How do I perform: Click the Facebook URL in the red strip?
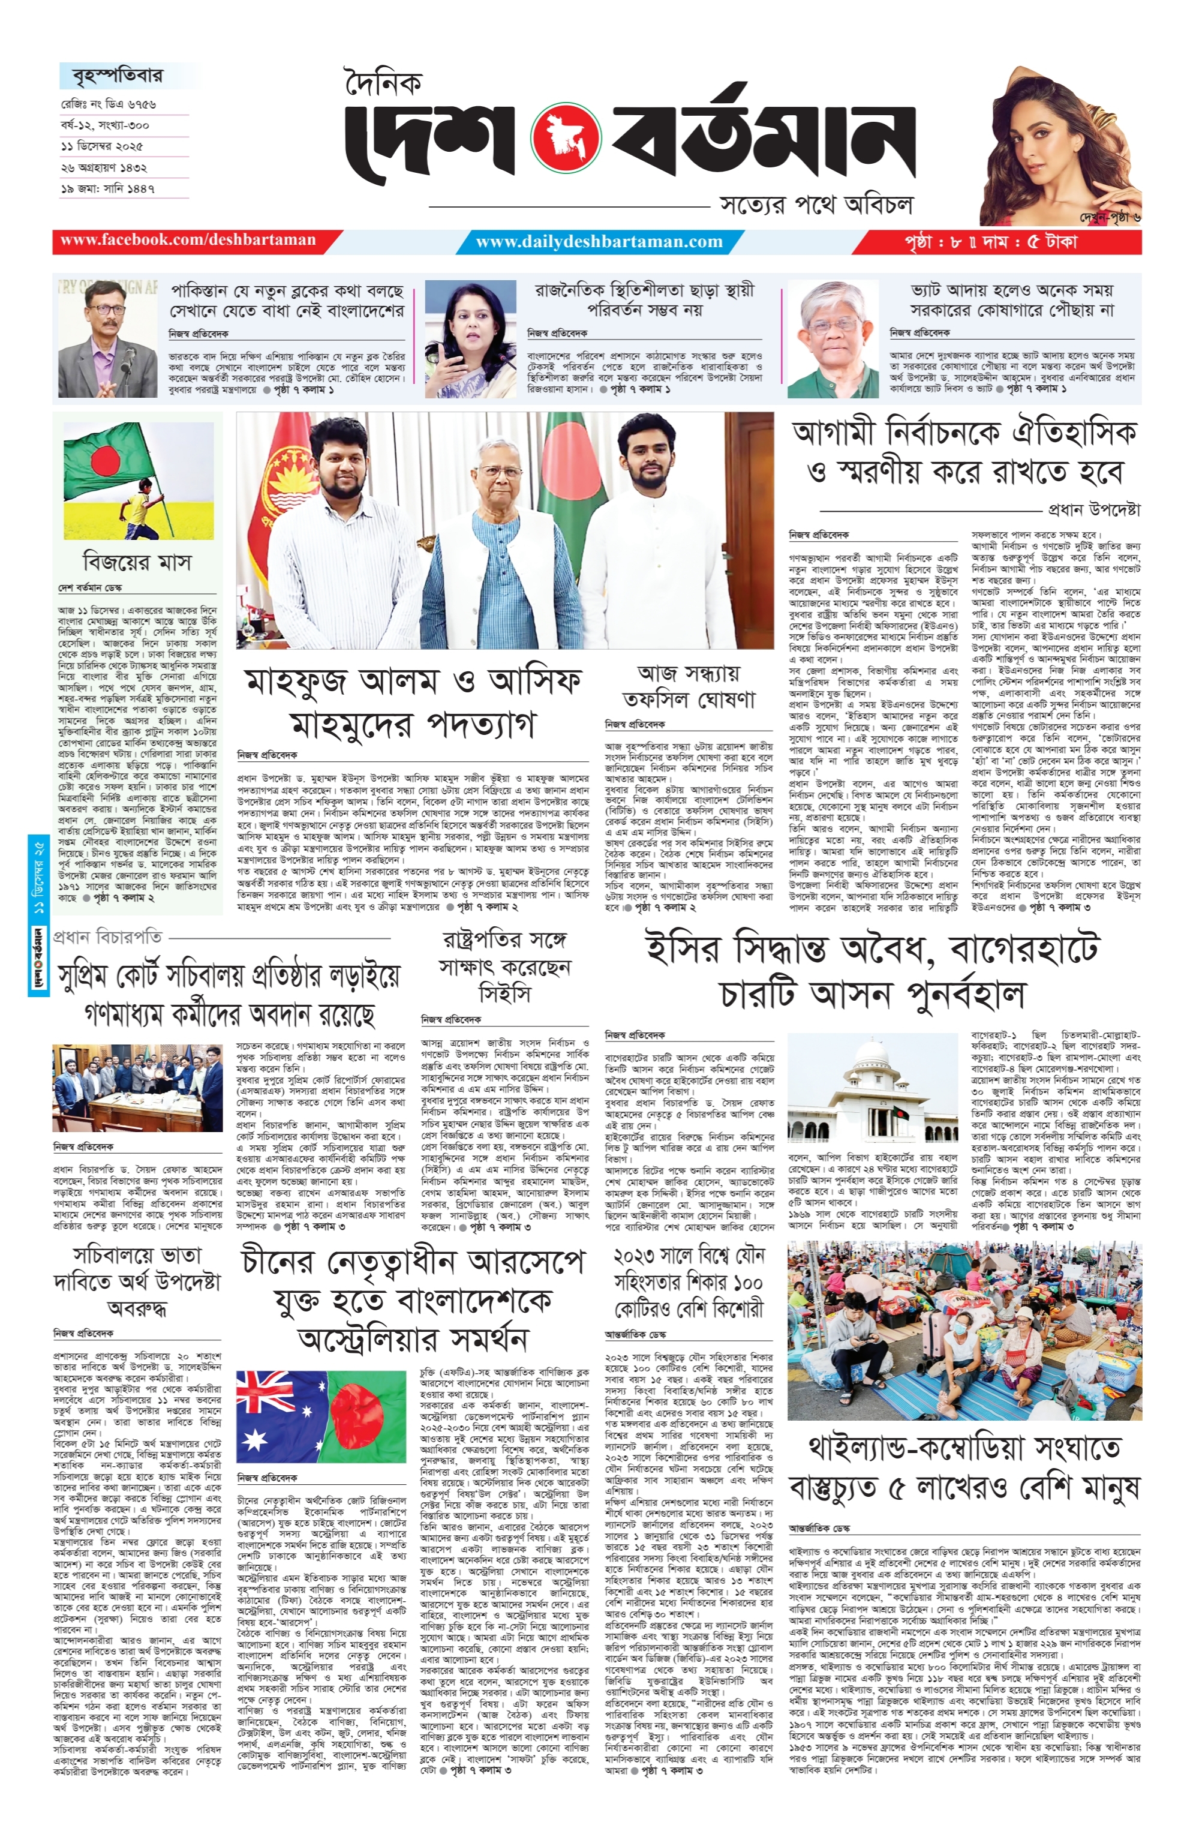(188, 240)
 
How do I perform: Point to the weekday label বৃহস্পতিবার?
(118, 76)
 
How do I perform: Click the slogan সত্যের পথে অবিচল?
(816, 205)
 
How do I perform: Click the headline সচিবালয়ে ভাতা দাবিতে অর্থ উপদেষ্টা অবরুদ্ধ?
(137, 1281)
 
